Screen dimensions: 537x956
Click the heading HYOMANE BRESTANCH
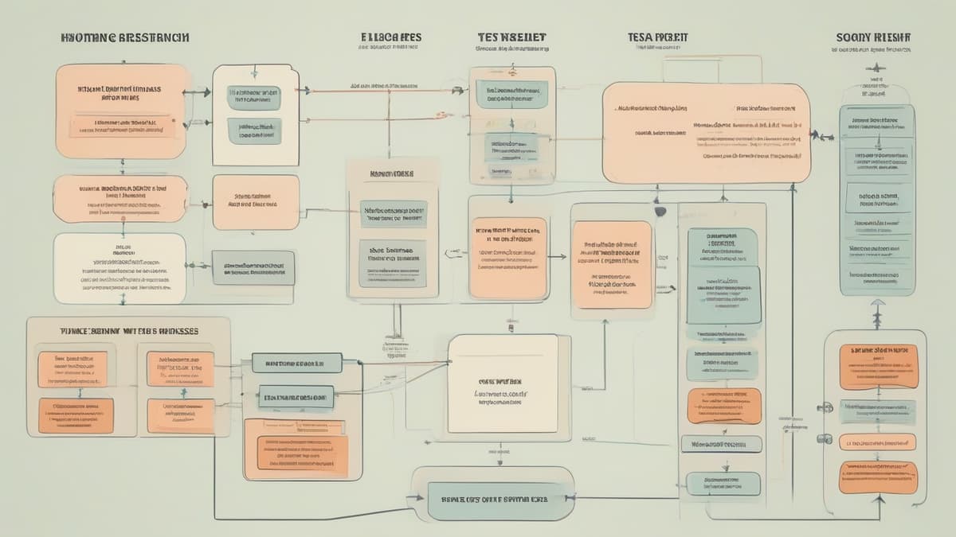[124, 37]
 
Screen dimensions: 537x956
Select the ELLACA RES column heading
[390, 37]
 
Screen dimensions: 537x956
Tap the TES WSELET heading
[511, 37]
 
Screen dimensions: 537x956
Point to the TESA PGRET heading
[657, 37]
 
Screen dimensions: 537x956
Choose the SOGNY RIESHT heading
[874, 37]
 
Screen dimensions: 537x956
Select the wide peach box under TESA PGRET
[706, 133]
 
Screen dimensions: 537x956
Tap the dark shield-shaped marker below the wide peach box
[660, 212]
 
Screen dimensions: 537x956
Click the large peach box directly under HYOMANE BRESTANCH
[121, 111]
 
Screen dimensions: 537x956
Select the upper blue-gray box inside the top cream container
[254, 97]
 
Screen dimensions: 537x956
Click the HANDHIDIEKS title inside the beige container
[392, 173]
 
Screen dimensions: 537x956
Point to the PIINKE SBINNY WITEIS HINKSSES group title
[129, 330]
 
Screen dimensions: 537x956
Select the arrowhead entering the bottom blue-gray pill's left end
[421, 499]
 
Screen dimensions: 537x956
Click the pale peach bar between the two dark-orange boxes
[877, 442]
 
